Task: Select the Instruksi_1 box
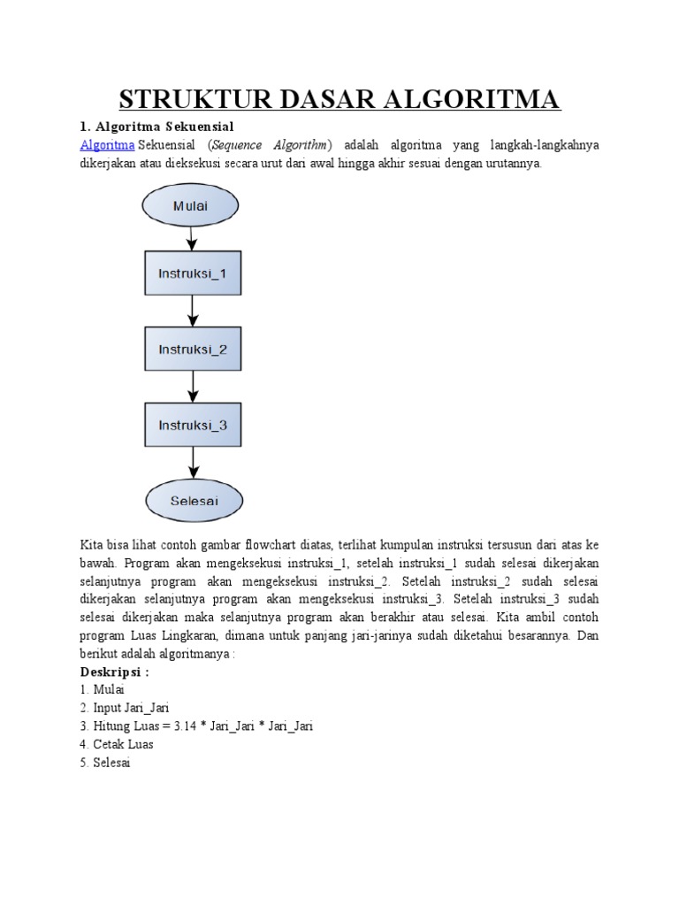point(192,273)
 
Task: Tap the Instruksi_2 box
point(192,349)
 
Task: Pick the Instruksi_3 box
point(192,425)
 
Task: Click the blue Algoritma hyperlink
point(108,145)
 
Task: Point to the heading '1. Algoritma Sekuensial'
point(156,126)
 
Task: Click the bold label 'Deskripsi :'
point(115,671)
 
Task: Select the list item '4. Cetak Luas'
point(117,745)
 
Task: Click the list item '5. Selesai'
point(105,763)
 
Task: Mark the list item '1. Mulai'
point(103,689)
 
